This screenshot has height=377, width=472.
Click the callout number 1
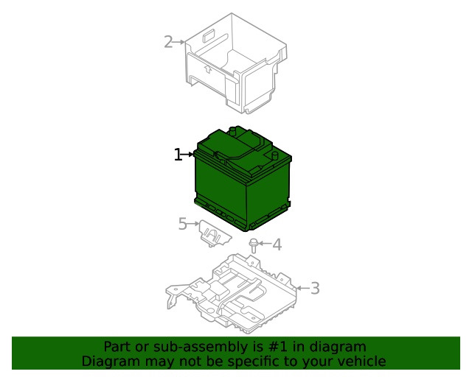click(x=178, y=155)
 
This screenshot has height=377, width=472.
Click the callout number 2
click(x=168, y=42)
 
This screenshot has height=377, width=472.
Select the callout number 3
click(x=315, y=289)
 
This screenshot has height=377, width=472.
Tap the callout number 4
click(x=277, y=244)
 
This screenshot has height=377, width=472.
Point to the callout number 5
click(x=183, y=224)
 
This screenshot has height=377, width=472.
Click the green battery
click(x=243, y=179)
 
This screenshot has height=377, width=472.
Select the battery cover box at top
click(x=236, y=63)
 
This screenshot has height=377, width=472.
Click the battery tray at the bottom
click(x=232, y=294)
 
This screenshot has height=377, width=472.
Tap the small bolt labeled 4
click(x=254, y=246)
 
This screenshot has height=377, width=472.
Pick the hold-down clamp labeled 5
click(x=215, y=233)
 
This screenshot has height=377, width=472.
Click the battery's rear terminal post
click(x=233, y=130)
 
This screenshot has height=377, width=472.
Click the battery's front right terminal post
click(x=274, y=156)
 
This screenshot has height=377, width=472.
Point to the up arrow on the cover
click(x=207, y=69)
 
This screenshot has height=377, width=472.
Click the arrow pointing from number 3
click(x=303, y=289)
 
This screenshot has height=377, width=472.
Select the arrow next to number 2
click(x=179, y=42)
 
